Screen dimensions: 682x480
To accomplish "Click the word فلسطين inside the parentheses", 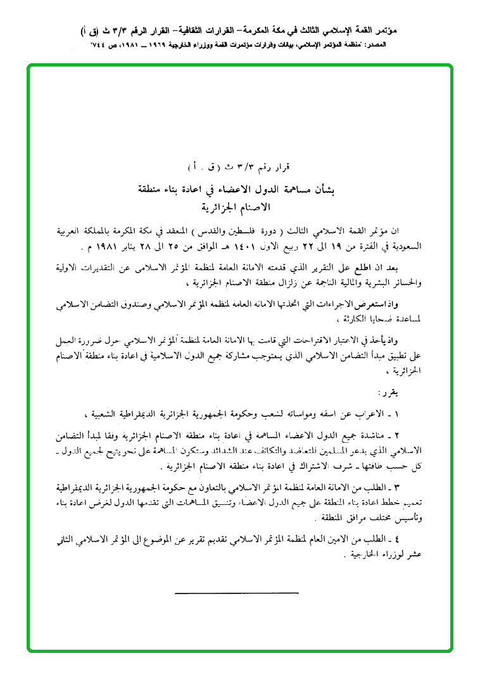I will pos(279,230).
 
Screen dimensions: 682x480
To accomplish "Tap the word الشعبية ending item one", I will pos(106,414).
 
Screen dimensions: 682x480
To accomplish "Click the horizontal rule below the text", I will pos(236,592).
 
